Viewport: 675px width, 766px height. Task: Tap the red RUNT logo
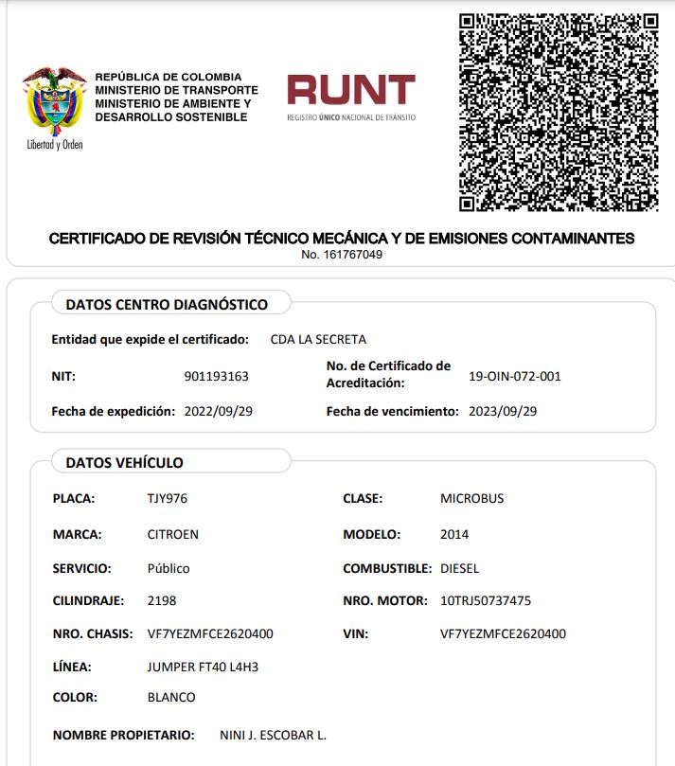point(351,91)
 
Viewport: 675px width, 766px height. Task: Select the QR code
point(559,113)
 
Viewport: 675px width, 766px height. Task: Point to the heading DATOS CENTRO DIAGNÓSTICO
point(167,304)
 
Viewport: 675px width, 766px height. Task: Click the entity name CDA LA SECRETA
point(318,339)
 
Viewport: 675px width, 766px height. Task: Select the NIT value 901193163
point(216,376)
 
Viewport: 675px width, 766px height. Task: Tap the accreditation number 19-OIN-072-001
point(515,376)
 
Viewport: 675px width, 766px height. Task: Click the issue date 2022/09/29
point(219,411)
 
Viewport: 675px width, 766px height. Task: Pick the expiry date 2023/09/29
point(503,411)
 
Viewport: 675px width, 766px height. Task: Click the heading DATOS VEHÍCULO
point(124,462)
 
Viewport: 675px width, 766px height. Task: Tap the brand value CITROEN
point(173,534)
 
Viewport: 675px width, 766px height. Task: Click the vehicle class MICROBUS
point(472,498)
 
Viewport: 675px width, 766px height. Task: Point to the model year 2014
point(454,534)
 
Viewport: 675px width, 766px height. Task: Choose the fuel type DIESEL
point(460,568)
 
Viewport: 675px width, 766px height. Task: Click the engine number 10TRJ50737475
point(486,600)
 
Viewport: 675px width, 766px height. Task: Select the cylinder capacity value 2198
point(162,600)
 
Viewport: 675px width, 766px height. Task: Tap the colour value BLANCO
point(171,697)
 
